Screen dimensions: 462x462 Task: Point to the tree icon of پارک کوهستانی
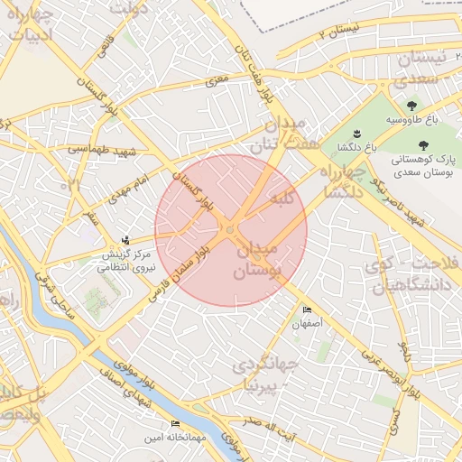coord(420,143)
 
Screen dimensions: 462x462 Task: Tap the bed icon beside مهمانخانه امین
coord(175,423)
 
